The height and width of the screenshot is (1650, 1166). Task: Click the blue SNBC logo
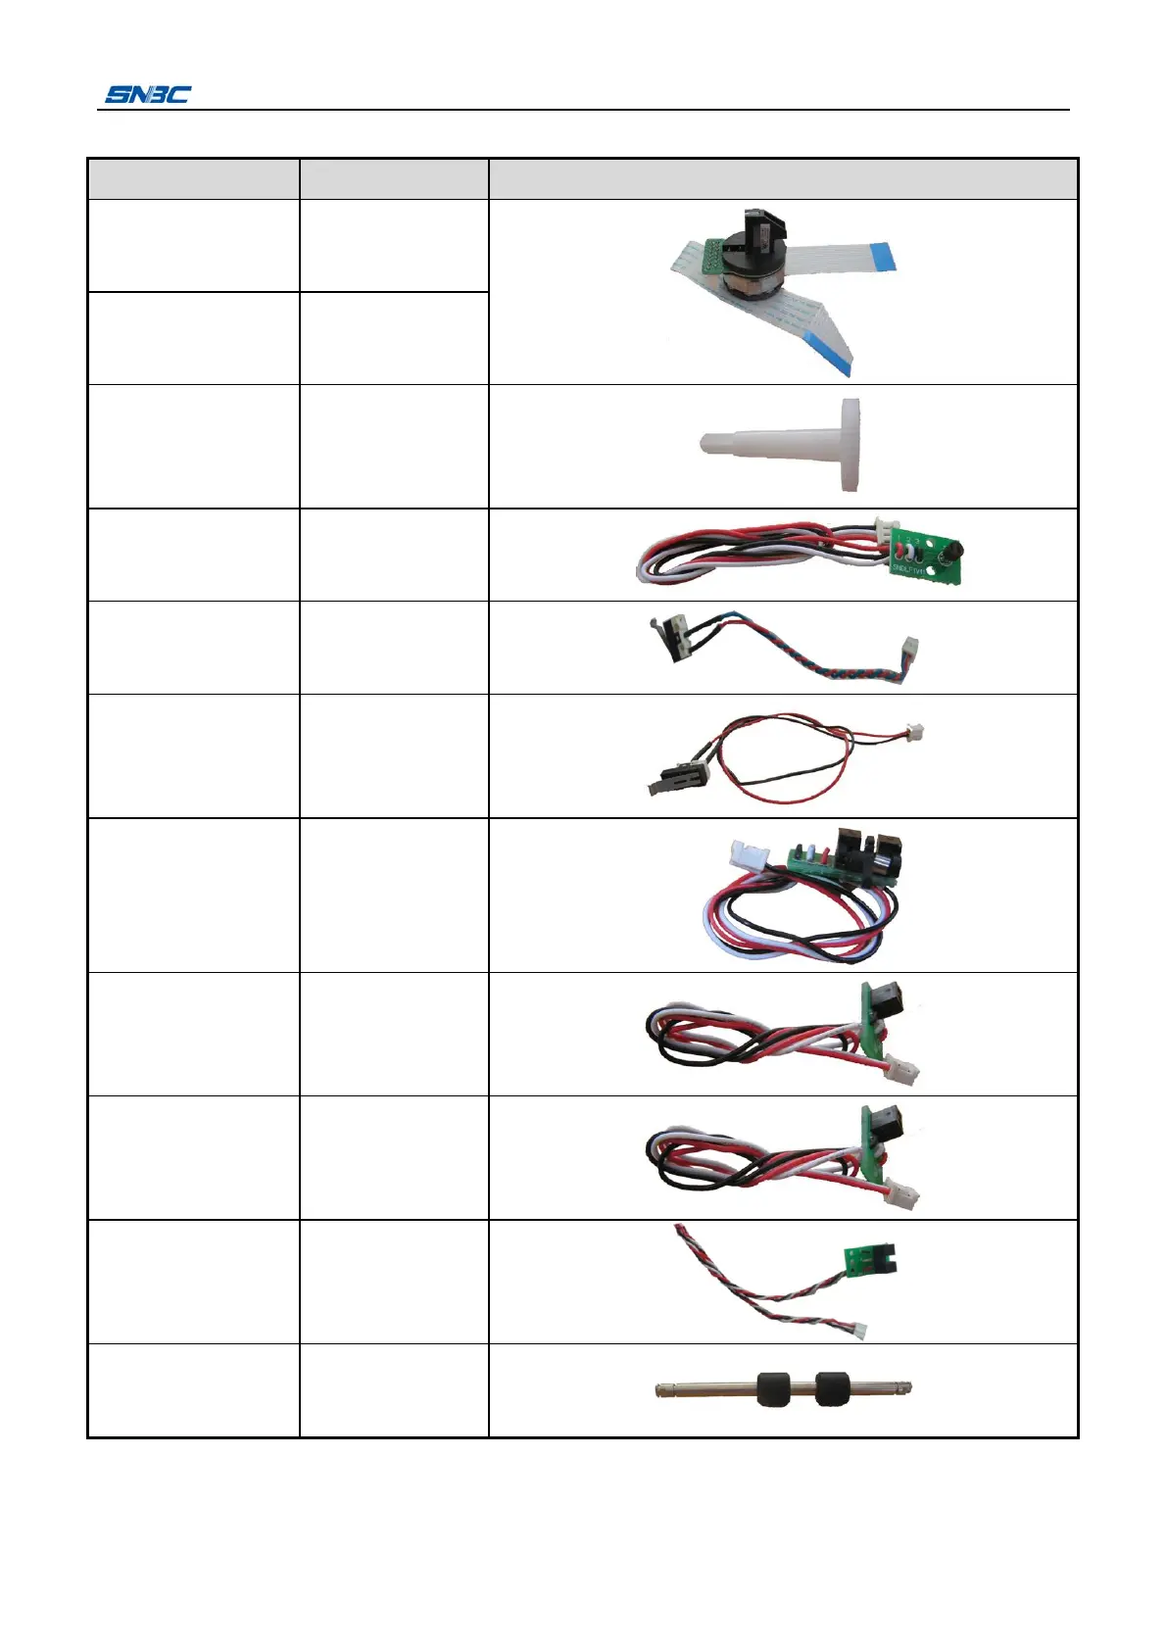[148, 95]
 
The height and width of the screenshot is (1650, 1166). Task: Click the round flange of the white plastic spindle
[850, 444]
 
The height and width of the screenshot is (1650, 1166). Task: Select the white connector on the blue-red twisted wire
[909, 649]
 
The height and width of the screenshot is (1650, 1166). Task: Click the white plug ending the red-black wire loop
[914, 733]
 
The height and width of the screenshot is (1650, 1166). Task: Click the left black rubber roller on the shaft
[773, 1388]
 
